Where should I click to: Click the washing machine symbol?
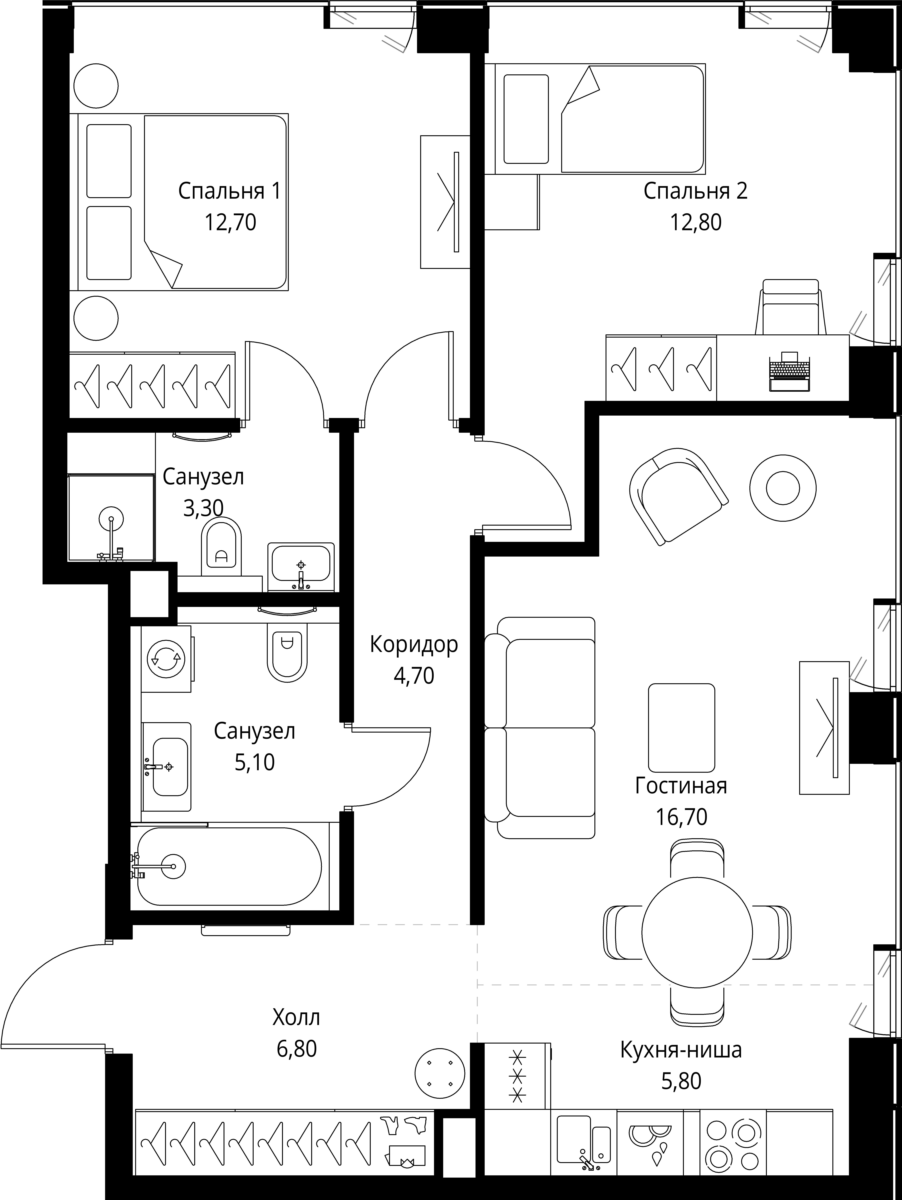167,659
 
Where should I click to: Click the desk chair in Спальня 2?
790,307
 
